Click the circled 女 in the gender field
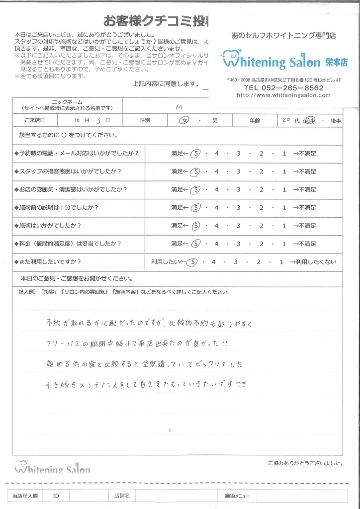184,121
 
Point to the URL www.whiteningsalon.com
283,95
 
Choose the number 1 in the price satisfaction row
284,244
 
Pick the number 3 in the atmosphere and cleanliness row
238,190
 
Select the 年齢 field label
255,121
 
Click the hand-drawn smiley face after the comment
241,384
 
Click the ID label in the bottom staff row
56,496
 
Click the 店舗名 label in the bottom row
122,496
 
